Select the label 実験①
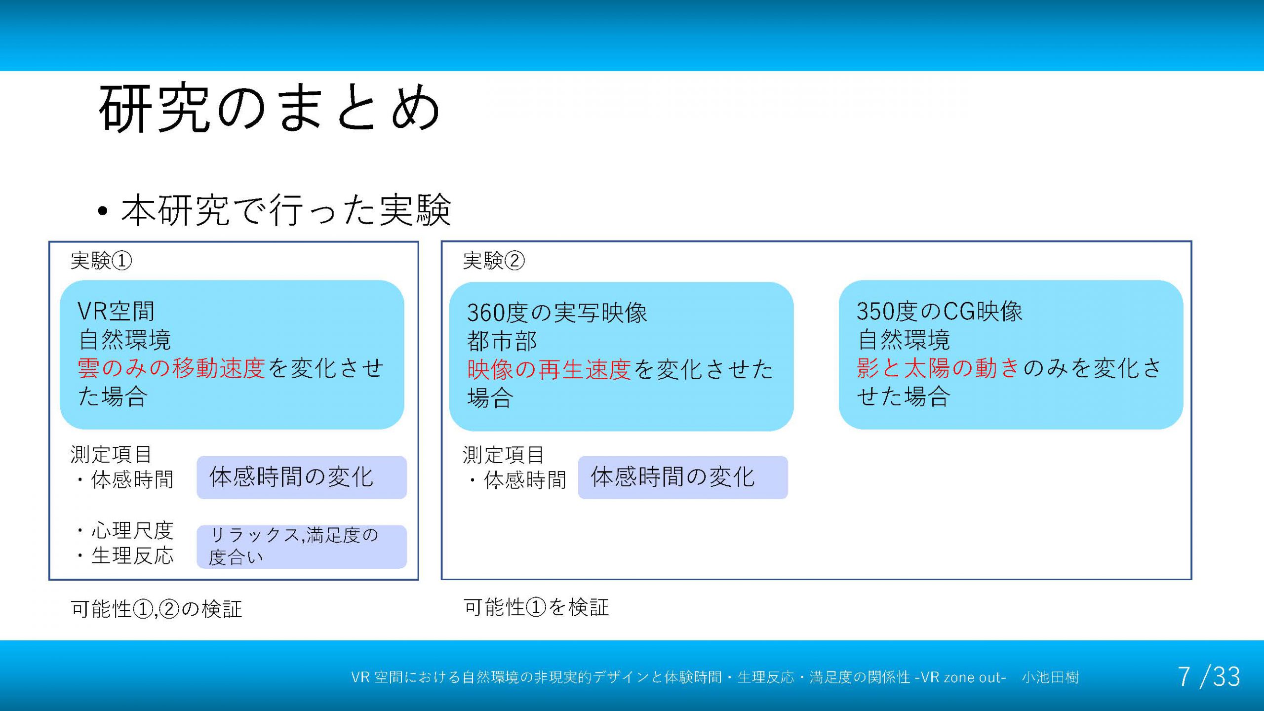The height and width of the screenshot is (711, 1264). click(x=101, y=260)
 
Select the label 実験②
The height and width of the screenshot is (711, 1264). click(x=494, y=260)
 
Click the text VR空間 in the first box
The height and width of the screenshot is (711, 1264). click(x=117, y=311)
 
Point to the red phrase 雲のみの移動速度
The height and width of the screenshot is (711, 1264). click(x=171, y=368)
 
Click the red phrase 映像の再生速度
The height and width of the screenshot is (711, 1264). click(x=549, y=369)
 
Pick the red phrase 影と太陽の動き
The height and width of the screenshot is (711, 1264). click(x=938, y=368)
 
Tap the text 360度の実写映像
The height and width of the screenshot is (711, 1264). click(x=557, y=313)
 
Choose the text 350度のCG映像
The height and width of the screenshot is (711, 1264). click(x=940, y=311)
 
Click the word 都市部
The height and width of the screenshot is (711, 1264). click(x=502, y=341)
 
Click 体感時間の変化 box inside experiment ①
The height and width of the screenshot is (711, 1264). click(x=302, y=477)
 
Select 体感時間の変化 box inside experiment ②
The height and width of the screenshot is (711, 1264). click(x=683, y=477)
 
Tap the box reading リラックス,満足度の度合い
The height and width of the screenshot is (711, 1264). click(x=302, y=547)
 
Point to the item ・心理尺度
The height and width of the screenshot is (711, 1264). click(x=124, y=530)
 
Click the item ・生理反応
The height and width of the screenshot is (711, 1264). click(x=124, y=555)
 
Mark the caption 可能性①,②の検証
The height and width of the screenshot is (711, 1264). click(x=157, y=609)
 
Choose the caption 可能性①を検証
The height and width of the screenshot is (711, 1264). click(x=536, y=607)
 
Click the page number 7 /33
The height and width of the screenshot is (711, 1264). click(x=1209, y=676)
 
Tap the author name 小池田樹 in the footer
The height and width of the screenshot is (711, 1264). click(x=1051, y=677)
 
